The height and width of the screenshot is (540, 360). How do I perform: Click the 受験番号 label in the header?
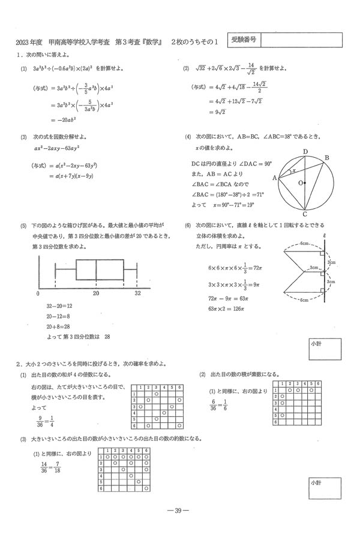[244, 40]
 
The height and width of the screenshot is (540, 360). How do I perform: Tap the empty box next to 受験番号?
[302, 40]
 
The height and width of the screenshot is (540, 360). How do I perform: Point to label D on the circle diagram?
[305, 152]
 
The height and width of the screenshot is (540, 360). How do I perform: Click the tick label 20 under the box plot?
[96, 294]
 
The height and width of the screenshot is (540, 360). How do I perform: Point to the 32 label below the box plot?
[137, 294]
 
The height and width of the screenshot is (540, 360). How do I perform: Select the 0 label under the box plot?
[38, 294]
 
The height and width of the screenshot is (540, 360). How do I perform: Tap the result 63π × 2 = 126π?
[224, 309]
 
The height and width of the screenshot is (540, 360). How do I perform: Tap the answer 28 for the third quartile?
[107, 337]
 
